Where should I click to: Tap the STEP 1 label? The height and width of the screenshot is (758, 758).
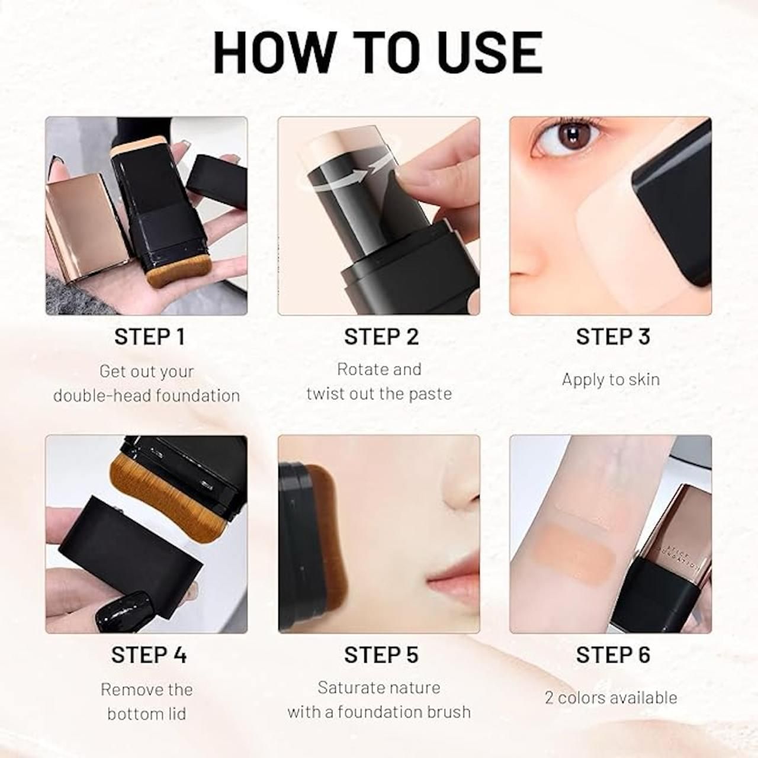(x=150, y=336)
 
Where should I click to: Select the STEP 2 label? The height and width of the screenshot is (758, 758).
(x=381, y=336)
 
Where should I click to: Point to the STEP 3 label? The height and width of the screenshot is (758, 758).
(x=613, y=336)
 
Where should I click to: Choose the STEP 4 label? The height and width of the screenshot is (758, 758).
(x=149, y=655)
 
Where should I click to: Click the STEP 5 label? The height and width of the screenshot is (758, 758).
(x=381, y=655)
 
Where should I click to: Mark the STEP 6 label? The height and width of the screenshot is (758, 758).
(x=613, y=655)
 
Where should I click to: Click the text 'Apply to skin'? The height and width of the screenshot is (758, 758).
(x=611, y=380)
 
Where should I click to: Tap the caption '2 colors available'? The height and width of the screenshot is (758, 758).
(x=611, y=698)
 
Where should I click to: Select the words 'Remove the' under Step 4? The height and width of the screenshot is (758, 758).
(x=146, y=689)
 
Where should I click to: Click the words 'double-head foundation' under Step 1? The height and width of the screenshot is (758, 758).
(x=146, y=396)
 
